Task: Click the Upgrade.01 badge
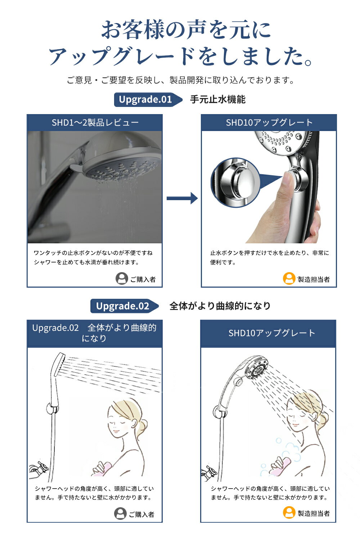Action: click(148, 100)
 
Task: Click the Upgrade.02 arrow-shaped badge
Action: click(125, 306)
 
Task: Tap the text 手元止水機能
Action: click(218, 100)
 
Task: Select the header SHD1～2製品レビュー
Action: click(95, 123)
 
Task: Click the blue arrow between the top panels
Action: click(182, 198)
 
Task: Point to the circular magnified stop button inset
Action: click(235, 183)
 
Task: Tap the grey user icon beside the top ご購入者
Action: click(122, 278)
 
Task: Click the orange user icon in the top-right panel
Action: click(289, 278)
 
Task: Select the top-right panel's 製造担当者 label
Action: click(314, 279)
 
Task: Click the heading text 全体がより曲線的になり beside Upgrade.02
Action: click(220, 306)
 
